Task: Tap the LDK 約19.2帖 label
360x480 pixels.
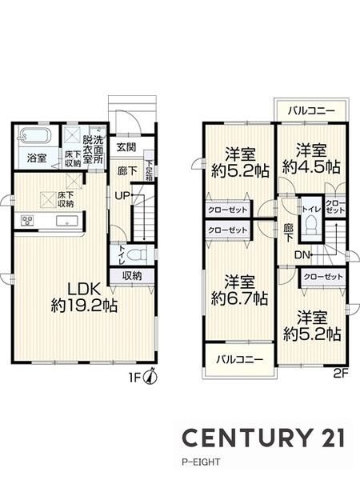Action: pyautogui.click(x=84, y=297)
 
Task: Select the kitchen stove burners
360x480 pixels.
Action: pyautogui.click(x=27, y=221)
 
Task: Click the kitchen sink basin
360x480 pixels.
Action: pyautogui.click(x=67, y=221)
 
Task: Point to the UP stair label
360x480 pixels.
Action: pyautogui.click(x=122, y=195)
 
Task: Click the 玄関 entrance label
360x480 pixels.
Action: pyautogui.click(x=126, y=147)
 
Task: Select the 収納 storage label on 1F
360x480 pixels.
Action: pyautogui.click(x=132, y=276)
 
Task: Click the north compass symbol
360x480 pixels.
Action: pyautogui.click(x=150, y=377)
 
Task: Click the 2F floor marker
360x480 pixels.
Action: pyautogui.click(x=341, y=373)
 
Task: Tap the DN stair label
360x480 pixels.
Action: pyautogui.click(x=302, y=254)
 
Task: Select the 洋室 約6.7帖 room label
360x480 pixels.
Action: pyautogui.click(x=240, y=290)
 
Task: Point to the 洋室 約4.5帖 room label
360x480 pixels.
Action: pyautogui.click(x=311, y=159)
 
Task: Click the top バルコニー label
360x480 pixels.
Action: pyautogui.click(x=311, y=111)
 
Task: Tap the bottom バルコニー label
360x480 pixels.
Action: pyautogui.click(x=240, y=359)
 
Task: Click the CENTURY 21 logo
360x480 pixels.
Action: pyautogui.click(x=263, y=438)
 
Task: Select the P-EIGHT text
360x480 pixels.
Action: pyautogui.click(x=201, y=462)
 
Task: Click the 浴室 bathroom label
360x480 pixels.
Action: pyautogui.click(x=37, y=158)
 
